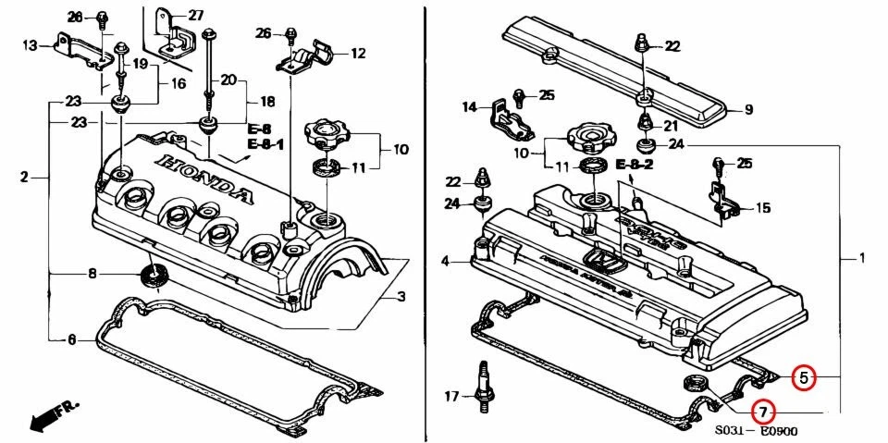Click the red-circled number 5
pyautogui.click(x=804, y=377)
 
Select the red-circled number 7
pyautogui.click(x=763, y=411)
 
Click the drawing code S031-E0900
pyautogui.click(x=755, y=431)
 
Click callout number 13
pyautogui.click(x=30, y=45)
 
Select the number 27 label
pyautogui.click(x=195, y=15)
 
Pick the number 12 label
pyautogui.click(x=358, y=54)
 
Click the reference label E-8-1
pyautogui.click(x=265, y=144)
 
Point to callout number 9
pyautogui.click(x=748, y=110)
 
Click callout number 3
pyautogui.click(x=401, y=297)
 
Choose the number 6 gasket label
pyautogui.click(x=72, y=339)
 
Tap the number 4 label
pyautogui.click(x=444, y=263)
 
